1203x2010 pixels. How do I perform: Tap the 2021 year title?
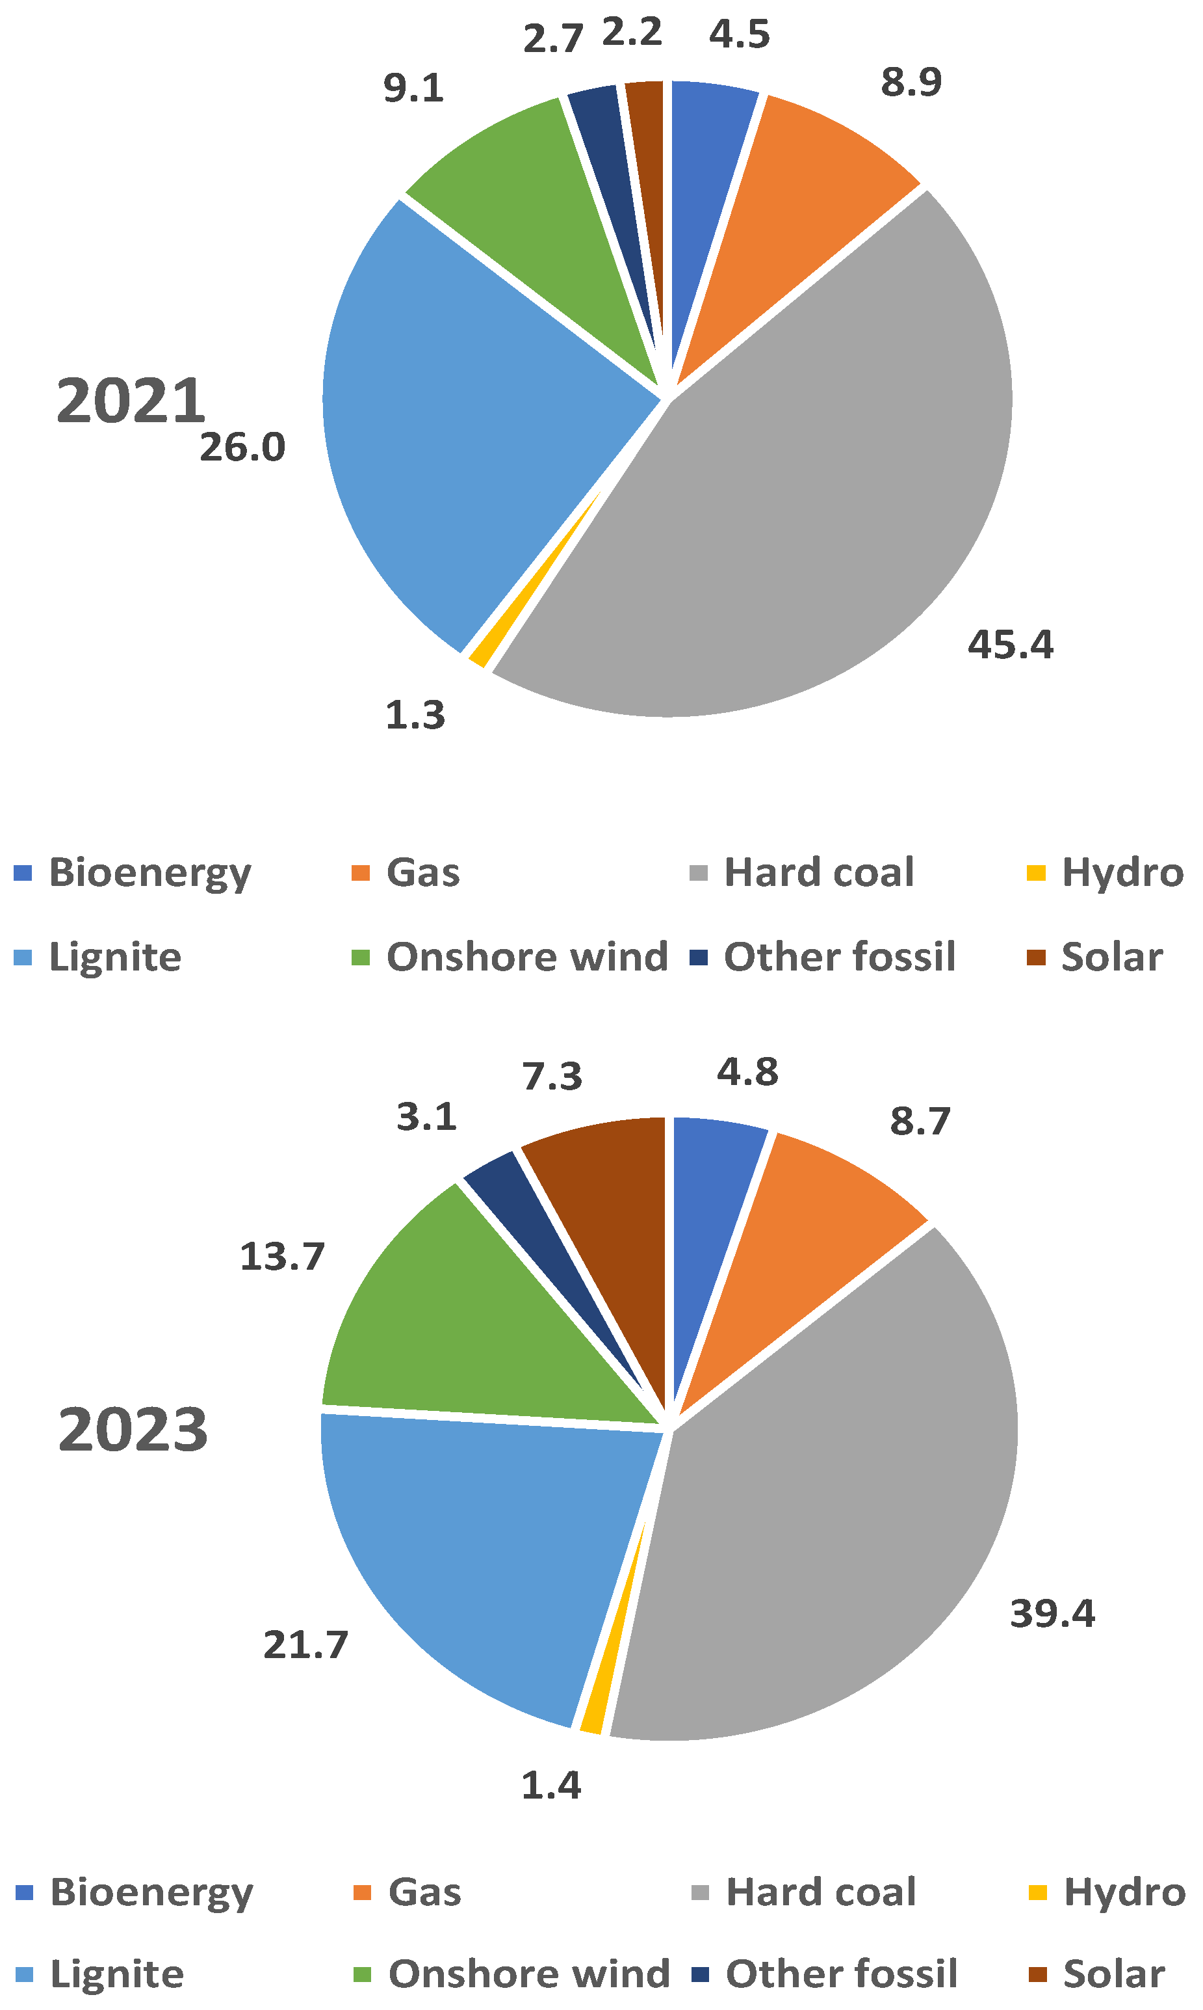tap(131, 401)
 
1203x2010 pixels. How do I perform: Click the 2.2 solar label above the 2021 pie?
tap(632, 33)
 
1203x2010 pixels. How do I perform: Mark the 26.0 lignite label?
tap(242, 448)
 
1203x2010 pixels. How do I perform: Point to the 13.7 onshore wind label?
tap(282, 1257)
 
